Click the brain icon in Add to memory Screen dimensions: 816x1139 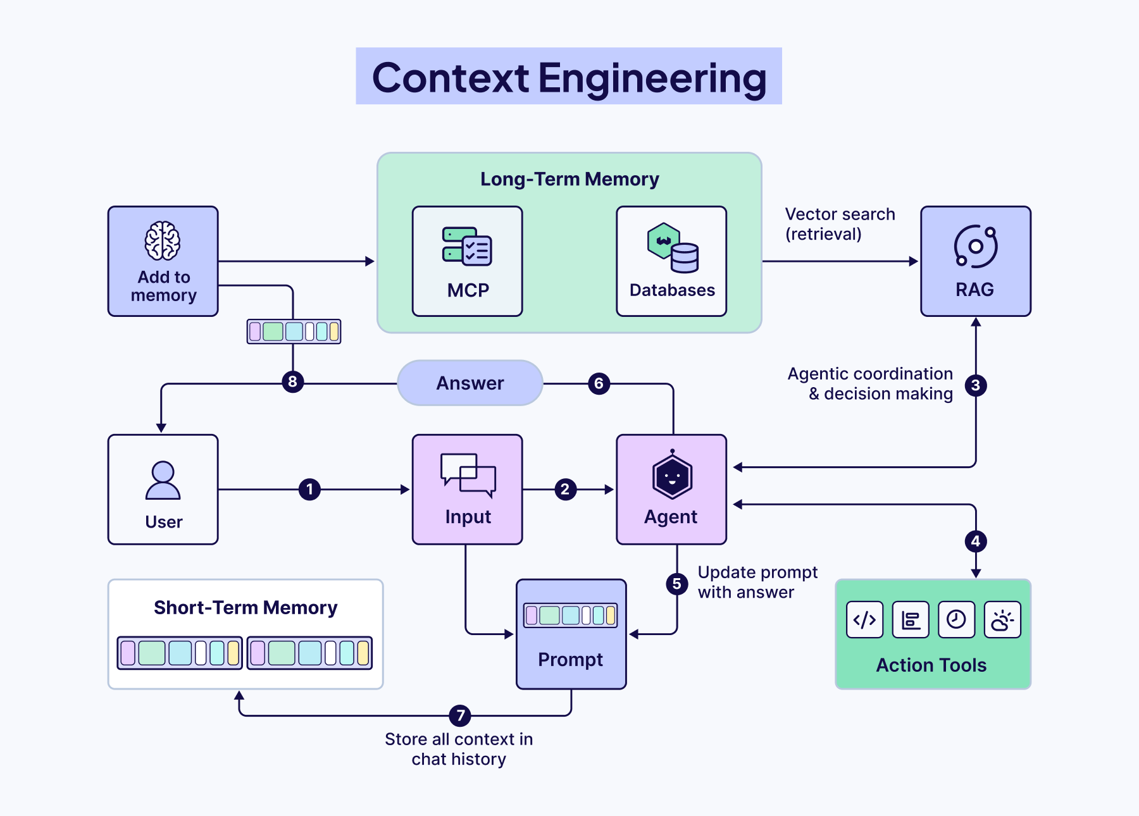click(163, 241)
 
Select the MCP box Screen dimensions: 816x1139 click(467, 261)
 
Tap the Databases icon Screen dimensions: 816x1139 click(673, 248)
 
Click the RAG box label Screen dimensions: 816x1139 click(974, 290)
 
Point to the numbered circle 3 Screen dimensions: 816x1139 click(976, 385)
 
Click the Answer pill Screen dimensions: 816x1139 click(470, 383)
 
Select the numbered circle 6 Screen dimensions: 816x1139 click(599, 383)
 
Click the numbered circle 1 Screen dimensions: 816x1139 click(309, 489)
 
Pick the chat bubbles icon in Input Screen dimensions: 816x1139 click(468, 474)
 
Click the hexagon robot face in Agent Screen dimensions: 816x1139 click(672, 476)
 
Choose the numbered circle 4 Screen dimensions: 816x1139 click(976, 541)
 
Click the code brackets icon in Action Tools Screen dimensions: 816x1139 click(864, 620)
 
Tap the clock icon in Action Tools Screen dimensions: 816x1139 click(956, 620)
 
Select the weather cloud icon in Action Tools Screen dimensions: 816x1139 click(1002, 620)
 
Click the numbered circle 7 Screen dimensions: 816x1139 click(460, 715)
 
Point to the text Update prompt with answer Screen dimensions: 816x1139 click(757, 582)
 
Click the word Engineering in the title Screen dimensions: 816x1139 click(652, 78)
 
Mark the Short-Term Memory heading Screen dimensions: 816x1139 click(246, 608)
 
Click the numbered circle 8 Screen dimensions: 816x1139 click(292, 381)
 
